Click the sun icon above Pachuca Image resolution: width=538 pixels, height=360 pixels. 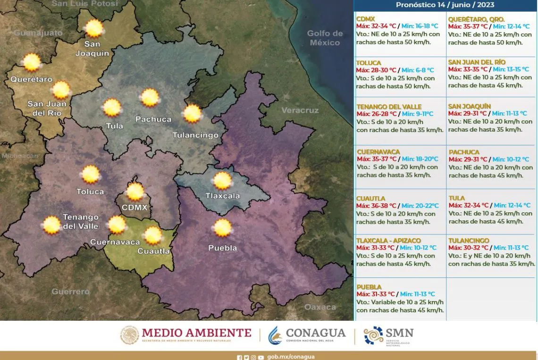[x=150, y=98]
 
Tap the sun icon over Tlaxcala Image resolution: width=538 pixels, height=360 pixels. [x=222, y=181]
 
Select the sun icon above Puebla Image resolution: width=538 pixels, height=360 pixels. [x=222, y=228]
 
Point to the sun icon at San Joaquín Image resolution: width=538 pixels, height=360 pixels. [x=94, y=29]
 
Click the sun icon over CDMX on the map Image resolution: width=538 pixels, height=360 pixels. [x=135, y=192]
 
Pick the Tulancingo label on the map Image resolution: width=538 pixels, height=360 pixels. [x=195, y=135]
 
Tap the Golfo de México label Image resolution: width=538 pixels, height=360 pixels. [x=325, y=38]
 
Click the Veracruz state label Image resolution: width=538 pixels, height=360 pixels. [x=300, y=110]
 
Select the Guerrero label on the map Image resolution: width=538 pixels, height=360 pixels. [x=71, y=292]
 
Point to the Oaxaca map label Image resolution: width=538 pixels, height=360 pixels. [x=320, y=307]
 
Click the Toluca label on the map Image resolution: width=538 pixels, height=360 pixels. [x=90, y=192]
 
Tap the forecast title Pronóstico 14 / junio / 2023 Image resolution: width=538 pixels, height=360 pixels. [x=445, y=5]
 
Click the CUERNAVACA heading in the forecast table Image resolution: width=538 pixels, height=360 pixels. [x=378, y=152]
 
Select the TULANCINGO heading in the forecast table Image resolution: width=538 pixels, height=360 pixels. [x=469, y=241]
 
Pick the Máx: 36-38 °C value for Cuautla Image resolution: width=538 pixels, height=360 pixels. [x=376, y=206]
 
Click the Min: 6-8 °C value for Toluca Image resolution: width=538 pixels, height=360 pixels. [x=418, y=70]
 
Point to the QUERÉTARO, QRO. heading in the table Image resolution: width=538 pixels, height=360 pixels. [x=476, y=19]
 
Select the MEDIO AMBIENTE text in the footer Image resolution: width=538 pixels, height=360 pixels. [x=196, y=333]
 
